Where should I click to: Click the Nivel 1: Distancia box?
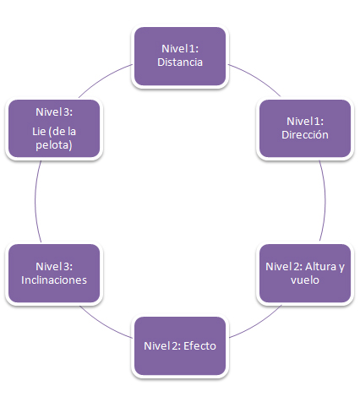click(180, 57)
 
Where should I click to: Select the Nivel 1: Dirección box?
click(305, 128)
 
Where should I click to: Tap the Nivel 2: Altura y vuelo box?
click(305, 273)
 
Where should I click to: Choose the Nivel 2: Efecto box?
click(180, 345)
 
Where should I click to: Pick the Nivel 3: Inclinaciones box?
click(54, 273)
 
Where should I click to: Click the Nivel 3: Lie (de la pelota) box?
click(54, 128)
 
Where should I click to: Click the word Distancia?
click(180, 62)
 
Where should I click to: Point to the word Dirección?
click(305, 135)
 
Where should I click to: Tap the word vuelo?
click(305, 280)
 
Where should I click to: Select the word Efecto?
click(199, 346)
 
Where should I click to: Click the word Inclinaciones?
click(54, 280)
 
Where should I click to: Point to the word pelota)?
click(54, 145)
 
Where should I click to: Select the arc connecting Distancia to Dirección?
click(256, 78)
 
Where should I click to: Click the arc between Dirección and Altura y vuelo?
click(325, 200)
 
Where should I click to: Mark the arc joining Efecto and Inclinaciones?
click(104, 324)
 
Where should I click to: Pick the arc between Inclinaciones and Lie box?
click(35, 201)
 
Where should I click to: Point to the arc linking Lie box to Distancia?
click(103, 79)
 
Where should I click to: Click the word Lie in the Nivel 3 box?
click(39, 132)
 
